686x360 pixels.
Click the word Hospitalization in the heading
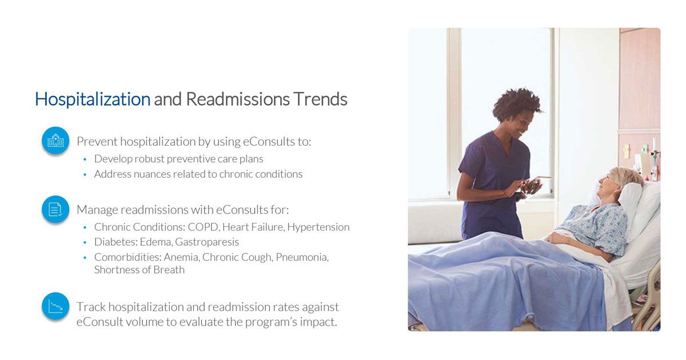pyautogui.click(x=92, y=99)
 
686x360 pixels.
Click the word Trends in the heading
pyautogui.click(x=320, y=99)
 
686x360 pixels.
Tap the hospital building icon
pyautogui.click(x=55, y=140)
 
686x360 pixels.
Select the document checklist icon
pyautogui.click(x=55, y=209)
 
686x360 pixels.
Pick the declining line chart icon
pyautogui.click(x=55, y=306)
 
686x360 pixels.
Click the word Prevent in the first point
pyautogui.click(x=97, y=142)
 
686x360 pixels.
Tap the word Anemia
pyautogui.click(x=181, y=257)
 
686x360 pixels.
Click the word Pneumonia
pyautogui.click(x=301, y=257)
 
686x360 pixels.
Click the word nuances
pyautogui.click(x=149, y=174)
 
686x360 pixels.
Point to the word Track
pyautogui.click(x=90, y=307)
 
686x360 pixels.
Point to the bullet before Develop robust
pyautogui.click(x=85, y=159)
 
